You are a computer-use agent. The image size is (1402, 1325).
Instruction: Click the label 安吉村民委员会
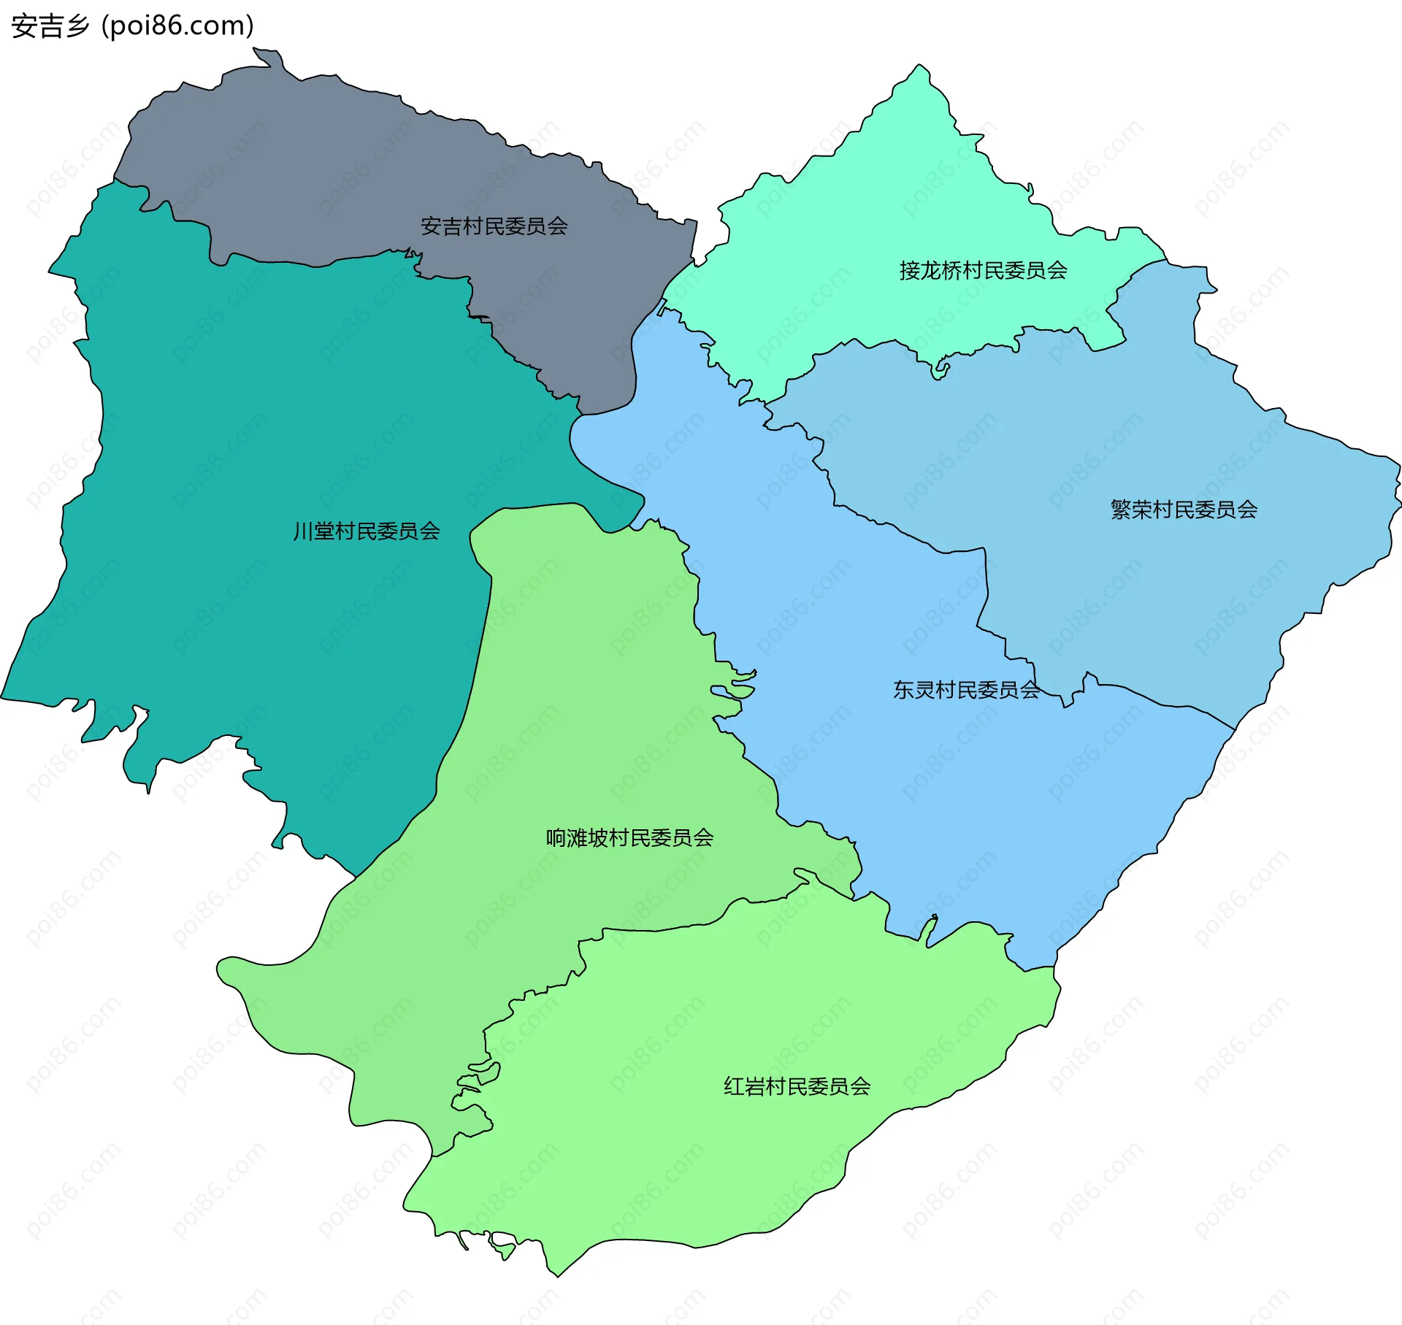coord(494,226)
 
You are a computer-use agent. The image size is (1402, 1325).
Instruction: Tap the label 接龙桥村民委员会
coord(983,271)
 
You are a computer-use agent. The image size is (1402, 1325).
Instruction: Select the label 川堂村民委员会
coord(367,531)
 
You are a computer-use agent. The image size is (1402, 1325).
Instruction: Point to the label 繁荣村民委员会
coord(1184,510)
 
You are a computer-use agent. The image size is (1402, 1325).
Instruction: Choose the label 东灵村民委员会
coord(966,690)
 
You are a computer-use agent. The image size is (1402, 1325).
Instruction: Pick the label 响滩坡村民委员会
coord(629,837)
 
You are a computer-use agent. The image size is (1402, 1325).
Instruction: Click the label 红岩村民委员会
coord(797,1086)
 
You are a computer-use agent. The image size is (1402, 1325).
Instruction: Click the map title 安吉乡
coord(50,26)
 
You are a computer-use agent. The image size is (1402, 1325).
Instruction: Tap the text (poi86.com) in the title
coord(177,26)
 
